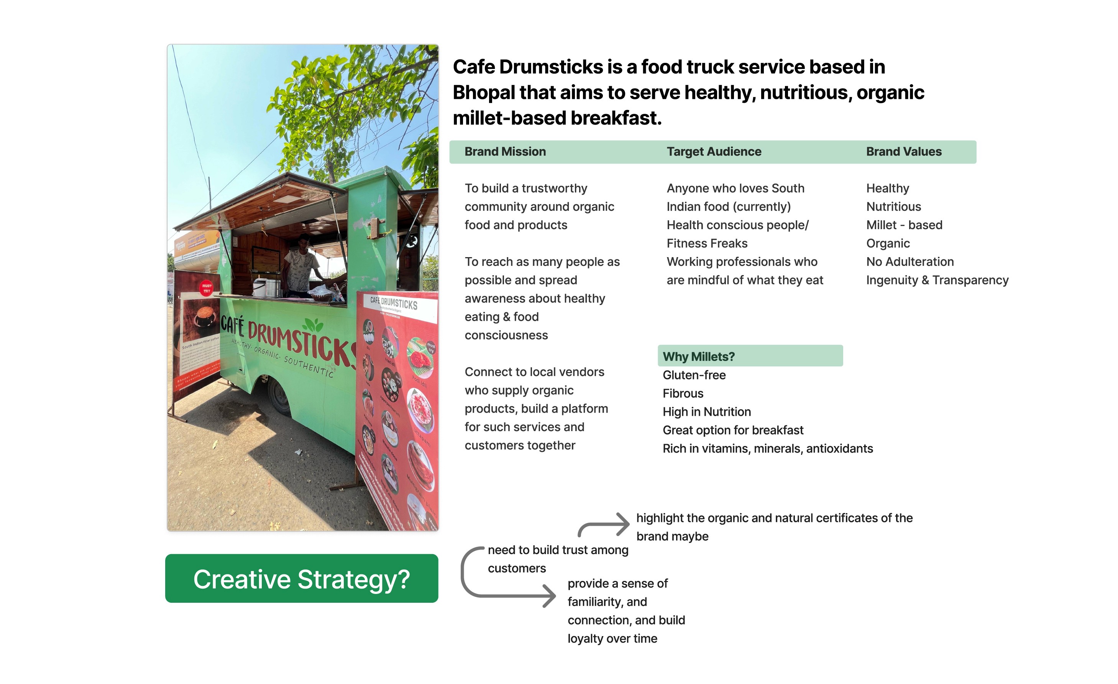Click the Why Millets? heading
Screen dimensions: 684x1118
point(698,356)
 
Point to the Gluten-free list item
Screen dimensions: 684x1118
point(694,375)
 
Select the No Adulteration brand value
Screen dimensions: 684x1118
point(910,262)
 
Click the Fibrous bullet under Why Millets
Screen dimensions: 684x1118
point(683,394)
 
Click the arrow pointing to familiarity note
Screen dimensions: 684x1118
point(508,585)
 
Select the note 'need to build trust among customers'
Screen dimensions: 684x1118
point(558,559)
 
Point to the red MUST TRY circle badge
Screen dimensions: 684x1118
point(207,288)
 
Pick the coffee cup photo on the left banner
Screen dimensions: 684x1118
point(204,316)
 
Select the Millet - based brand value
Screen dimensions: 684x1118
point(904,225)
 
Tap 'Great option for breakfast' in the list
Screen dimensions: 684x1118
point(733,430)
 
